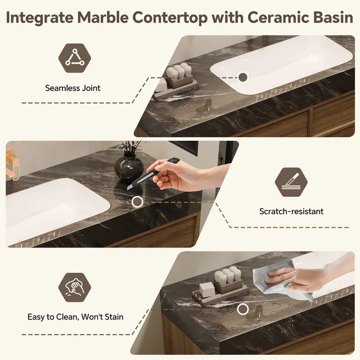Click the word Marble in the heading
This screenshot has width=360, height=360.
coord(103,17)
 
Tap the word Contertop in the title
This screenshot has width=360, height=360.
coord(170,17)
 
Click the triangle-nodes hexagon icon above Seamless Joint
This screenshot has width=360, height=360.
coord(75,58)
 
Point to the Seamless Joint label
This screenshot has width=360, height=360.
coord(73,88)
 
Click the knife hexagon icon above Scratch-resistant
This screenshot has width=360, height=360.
coord(291,182)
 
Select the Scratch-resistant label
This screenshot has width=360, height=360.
coord(291,211)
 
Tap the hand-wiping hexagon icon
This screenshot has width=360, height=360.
coord(75,287)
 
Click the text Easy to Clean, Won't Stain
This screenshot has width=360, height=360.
coord(75,317)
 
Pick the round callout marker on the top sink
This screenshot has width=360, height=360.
coord(243,77)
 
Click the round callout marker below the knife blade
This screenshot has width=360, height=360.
coord(137,202)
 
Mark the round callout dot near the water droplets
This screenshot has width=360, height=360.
coord(242,309)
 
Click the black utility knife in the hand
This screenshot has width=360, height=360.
coord(152,174)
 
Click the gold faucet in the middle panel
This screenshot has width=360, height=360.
coord(12,164)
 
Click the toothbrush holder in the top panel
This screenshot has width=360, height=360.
coord(179,76)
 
